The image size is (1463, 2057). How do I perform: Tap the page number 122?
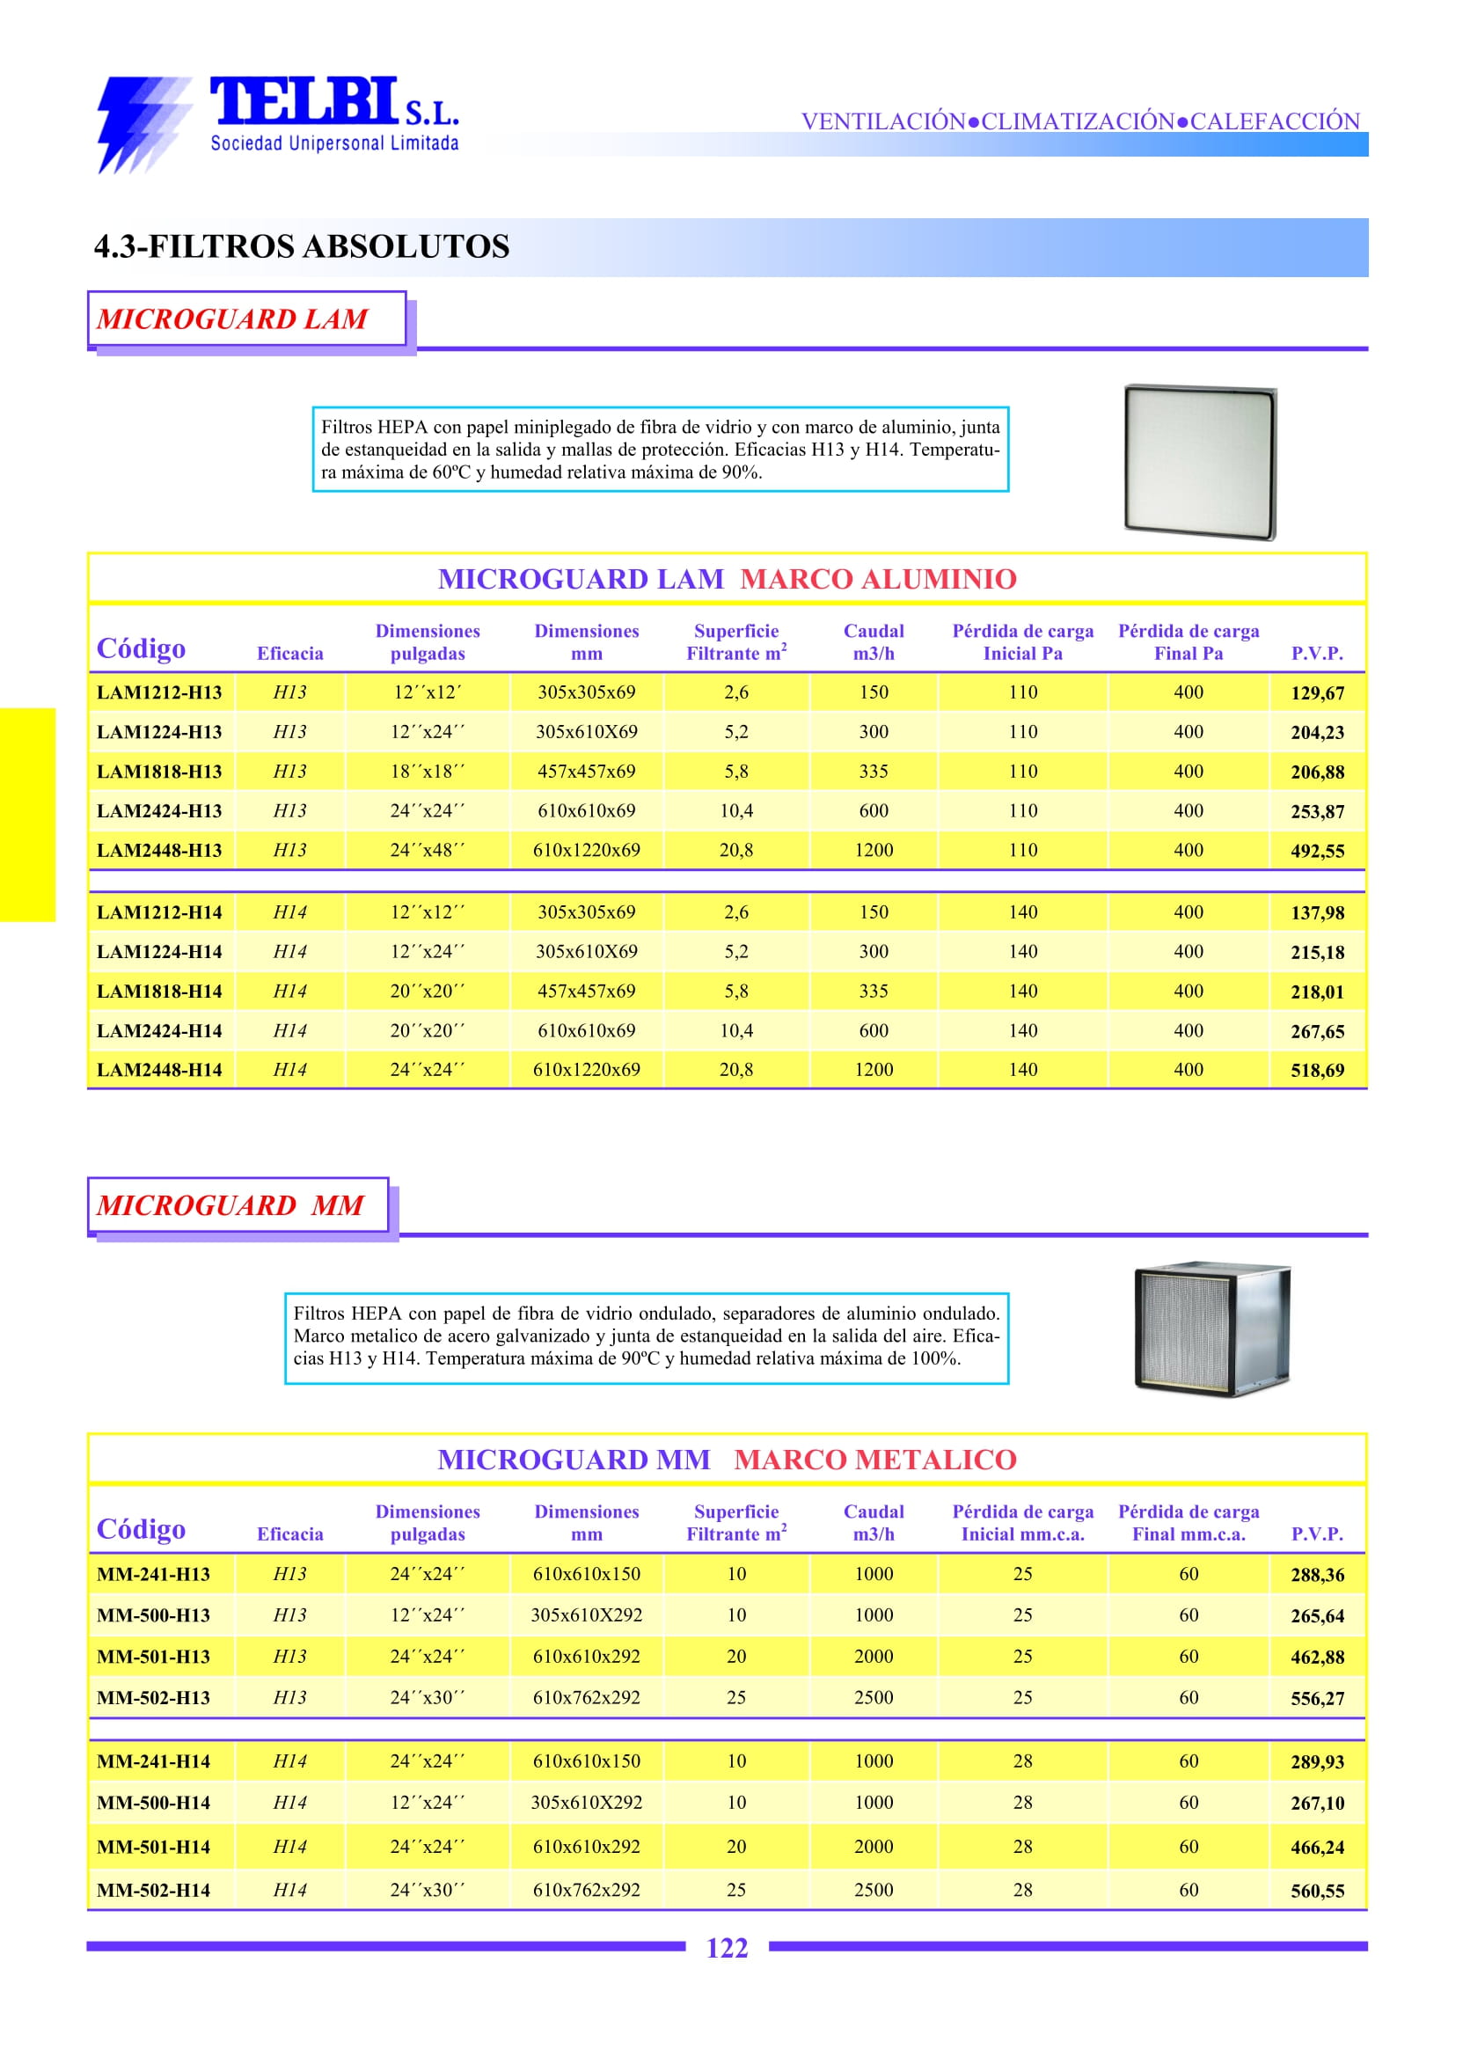click(x=726, y=1948)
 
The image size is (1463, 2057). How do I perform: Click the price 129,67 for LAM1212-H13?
click(x=1316, y=693)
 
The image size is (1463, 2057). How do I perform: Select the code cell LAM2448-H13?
click(x=158, y=850)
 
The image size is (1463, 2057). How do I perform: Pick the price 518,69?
click(x=1316, y=1071)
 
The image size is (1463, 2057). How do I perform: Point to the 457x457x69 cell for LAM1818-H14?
click(x=586, y=992)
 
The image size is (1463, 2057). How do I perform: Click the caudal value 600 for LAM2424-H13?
click(x=873, y=811)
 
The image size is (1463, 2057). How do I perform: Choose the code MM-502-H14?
click(x=153, y=1891)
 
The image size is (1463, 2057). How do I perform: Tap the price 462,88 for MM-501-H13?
click(x=1316, y=1657)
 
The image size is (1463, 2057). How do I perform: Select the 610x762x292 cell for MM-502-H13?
click(x=586, y=1697)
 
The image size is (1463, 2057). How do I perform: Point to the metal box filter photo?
click(x=1211, y=1329)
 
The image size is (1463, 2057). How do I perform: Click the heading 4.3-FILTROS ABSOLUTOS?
click(x=302, y=246)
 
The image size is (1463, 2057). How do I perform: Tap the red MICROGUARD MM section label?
click(x=230, y=1204)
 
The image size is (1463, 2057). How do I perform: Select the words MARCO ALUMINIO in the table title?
click(x=877, y=578)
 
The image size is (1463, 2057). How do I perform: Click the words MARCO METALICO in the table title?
click(x=874, y=1460)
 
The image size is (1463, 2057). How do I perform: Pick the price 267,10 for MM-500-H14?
click(x=1316, y=1803)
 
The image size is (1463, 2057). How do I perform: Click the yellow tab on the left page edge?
click(x=27, y=815)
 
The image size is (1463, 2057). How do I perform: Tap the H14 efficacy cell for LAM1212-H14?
click(x=289, y=911)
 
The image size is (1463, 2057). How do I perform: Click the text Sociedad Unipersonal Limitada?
click(x=334, y=143)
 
